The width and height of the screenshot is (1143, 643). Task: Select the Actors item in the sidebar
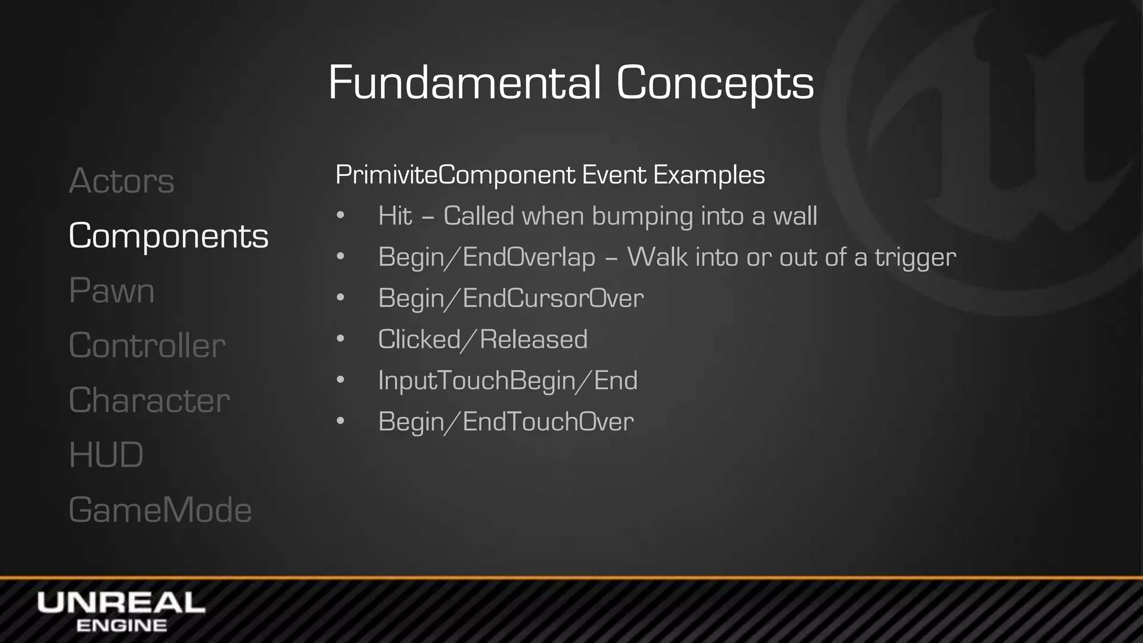tap(122, 181)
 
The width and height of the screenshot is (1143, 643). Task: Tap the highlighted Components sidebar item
tap(168, 236)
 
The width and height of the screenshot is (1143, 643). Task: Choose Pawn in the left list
tap(112, 291)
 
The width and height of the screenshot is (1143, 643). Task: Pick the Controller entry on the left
tap(147, 346)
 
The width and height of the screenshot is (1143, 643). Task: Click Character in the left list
tap(149, 400)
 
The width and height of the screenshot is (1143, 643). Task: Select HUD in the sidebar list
tap(106, 455)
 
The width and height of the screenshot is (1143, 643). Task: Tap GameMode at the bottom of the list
tap(160, 510)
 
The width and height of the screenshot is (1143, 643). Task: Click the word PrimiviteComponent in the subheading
tap(455, 175)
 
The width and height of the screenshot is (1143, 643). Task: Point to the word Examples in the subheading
tap(709, 175)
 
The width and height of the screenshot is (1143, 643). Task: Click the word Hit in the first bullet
tap(395, 216)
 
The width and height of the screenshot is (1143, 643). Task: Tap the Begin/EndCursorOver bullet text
tap(511, 298)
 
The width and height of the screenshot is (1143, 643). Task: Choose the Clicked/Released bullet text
tap(483, 339)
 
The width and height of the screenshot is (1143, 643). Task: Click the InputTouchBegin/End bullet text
tap(507, 381)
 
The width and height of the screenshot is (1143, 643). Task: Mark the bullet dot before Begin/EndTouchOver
tap(340, 421)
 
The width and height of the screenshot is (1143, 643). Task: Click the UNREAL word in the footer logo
tap(121, 603)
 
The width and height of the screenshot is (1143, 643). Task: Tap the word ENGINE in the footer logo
tap(121, 626)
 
